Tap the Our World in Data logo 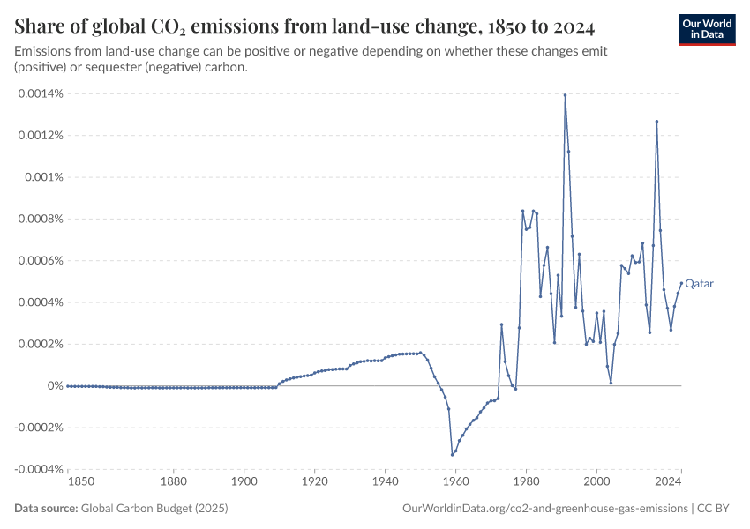click(x=706, y=28)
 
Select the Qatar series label click(x=700, y=284)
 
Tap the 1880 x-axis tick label click(x=174, y=482)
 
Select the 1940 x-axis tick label click(x=385, y=482)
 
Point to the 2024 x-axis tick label click(x=668, y=482)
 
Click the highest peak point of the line click(x=565, y=95)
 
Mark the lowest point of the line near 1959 click(x=452, y=455)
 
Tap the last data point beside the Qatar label click(x=681, y=283)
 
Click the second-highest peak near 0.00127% click(x=656, y=122)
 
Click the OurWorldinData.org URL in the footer click(x=544, y=509)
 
